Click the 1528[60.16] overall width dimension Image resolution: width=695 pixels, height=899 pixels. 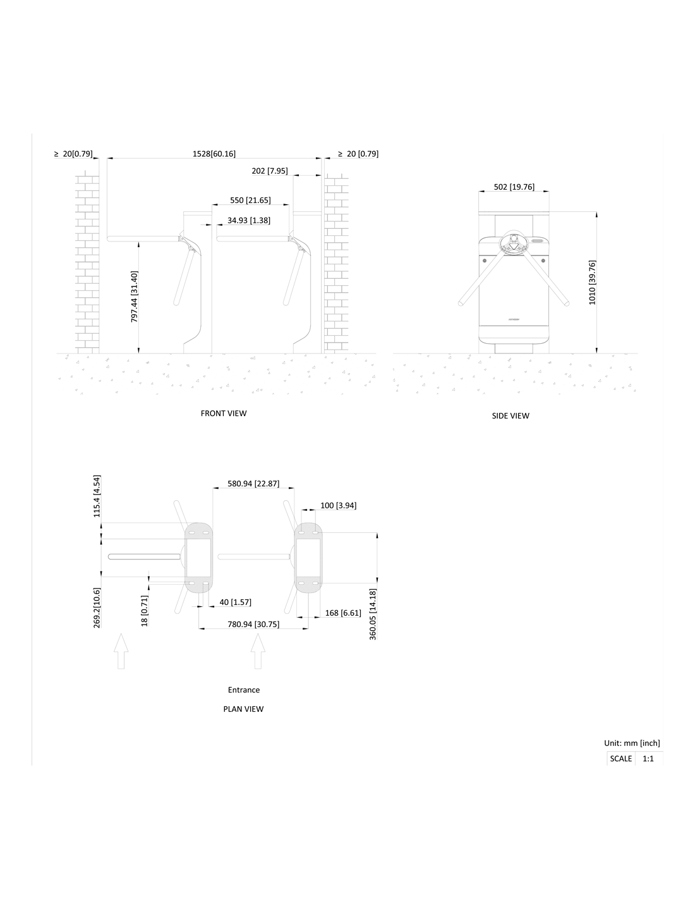(x=214, y=154)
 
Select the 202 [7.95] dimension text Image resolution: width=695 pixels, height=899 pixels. (x=270, y=171)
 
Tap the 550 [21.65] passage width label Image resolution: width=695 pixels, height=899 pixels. (x=250, y=200)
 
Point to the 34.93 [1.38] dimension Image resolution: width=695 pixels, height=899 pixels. (x=249, y=221)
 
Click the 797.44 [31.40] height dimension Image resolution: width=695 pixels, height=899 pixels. (x=135, y=297)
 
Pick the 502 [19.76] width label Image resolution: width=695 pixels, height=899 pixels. (x=514, y=187)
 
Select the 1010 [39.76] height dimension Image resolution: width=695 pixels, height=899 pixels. (x=592, y=283)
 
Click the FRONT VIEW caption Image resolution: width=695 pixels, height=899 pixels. (x=223, y=413)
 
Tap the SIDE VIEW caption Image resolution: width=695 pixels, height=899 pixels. (x=510, y=416)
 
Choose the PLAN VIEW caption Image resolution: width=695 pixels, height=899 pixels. (x=243, y=709)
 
